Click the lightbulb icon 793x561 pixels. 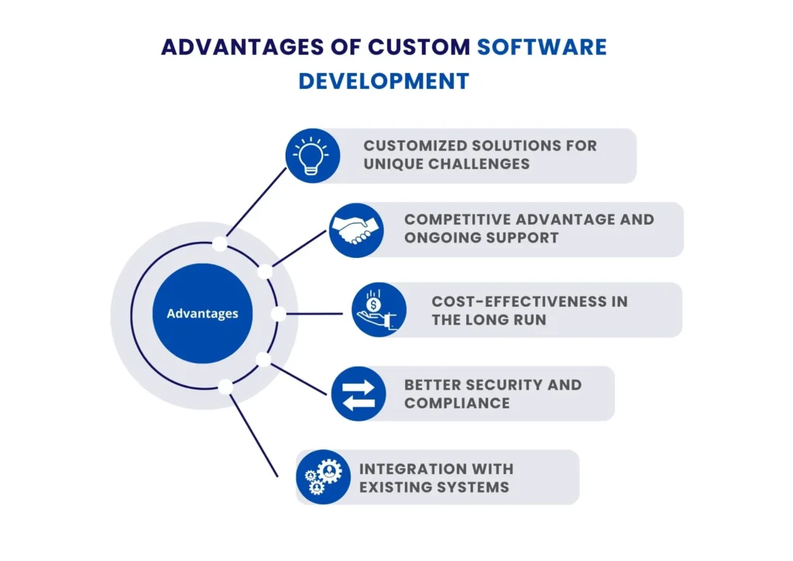[x=312, y=155]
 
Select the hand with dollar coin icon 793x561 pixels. [x=379, y=309]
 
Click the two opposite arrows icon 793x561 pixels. [x=359, y=394]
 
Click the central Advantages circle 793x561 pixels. [x=203, y=314]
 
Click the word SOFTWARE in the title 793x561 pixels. [x=541, y=46]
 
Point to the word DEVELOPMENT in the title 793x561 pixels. [x=384, y=81]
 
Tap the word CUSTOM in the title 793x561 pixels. [x=419, y=46]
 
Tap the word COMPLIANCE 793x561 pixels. [x=457, y=403]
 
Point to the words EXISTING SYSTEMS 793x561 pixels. [x=434, y=487]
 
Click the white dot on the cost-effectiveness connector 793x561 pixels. [x=278, y=314]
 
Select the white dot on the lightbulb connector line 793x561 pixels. [x=220, y=243]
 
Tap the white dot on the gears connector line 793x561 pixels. [x=225, y=387]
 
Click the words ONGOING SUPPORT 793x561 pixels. [x=481, y=238]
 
